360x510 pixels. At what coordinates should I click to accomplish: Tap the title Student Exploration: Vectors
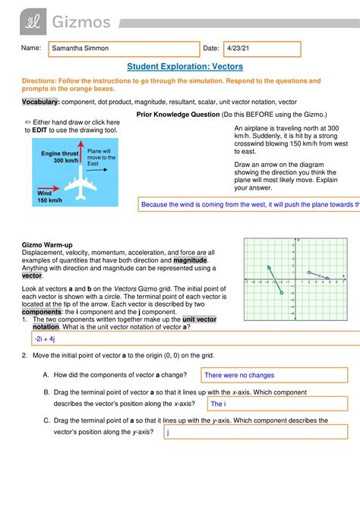pos(179,67)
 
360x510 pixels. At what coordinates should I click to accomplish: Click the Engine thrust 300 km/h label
pos(58,156)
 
